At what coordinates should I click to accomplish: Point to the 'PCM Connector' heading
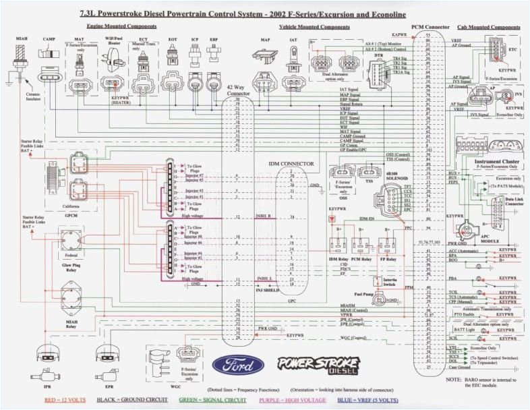(x=430, y=26)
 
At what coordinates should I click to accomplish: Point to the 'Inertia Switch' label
(x=388, y=282)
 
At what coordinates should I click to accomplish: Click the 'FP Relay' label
(x=388, y=259)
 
